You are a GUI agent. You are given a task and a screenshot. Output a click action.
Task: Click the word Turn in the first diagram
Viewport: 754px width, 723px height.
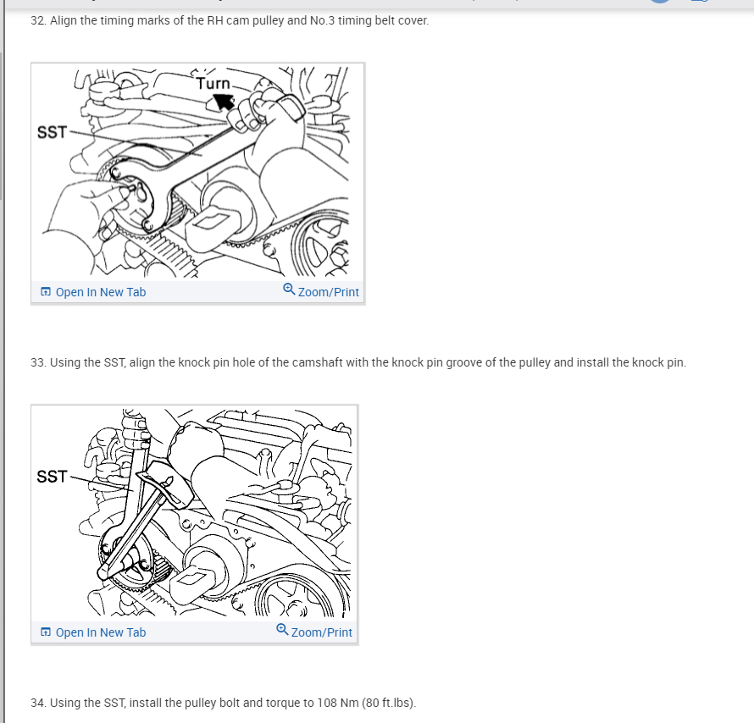pyautogui.click(x=213, y=84)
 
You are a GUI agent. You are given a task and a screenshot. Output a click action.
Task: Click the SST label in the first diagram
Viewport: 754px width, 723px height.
pyautogui.click(x=52, y=132)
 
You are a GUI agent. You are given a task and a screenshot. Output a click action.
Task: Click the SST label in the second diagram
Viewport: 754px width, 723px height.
pyautogui.click(x=52, y=477)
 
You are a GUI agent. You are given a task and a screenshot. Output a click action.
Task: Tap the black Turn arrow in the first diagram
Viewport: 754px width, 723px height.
pyautogui.click(x=222, y=102)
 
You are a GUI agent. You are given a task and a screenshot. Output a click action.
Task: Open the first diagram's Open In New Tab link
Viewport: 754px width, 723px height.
pyautogui.click(x=101, y=292)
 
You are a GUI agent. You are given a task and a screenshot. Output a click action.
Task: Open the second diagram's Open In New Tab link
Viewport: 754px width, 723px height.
pyautogui.click(x=101, y=632)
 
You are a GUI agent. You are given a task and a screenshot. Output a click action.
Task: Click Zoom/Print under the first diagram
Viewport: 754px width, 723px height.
pyautogui.click(x=329, y=292)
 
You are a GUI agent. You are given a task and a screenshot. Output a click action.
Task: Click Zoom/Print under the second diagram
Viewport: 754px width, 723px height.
pyautogui.click(x=322, y=632)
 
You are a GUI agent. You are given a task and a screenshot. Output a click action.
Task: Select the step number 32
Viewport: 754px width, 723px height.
pyautogui.click(x=38, y=20)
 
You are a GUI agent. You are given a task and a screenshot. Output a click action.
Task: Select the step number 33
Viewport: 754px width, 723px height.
pyautogui.click(x=38, y=362)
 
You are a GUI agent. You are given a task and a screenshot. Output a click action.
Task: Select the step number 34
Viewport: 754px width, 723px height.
pyautogui.click(x=38, y=703)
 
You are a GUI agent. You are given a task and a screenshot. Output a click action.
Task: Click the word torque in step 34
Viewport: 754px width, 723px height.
pyautogui.click(x=284, y=704)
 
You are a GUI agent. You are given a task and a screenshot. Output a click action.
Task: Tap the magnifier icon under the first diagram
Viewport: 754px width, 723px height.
pyautogui.click(x=289, y=290)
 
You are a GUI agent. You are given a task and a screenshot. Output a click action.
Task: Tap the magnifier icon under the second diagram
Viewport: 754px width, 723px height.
pyautogui.click(x=282, y=629)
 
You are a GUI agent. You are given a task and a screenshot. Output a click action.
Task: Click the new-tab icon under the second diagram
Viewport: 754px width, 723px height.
pyautogui.click(x=46, y=632)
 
